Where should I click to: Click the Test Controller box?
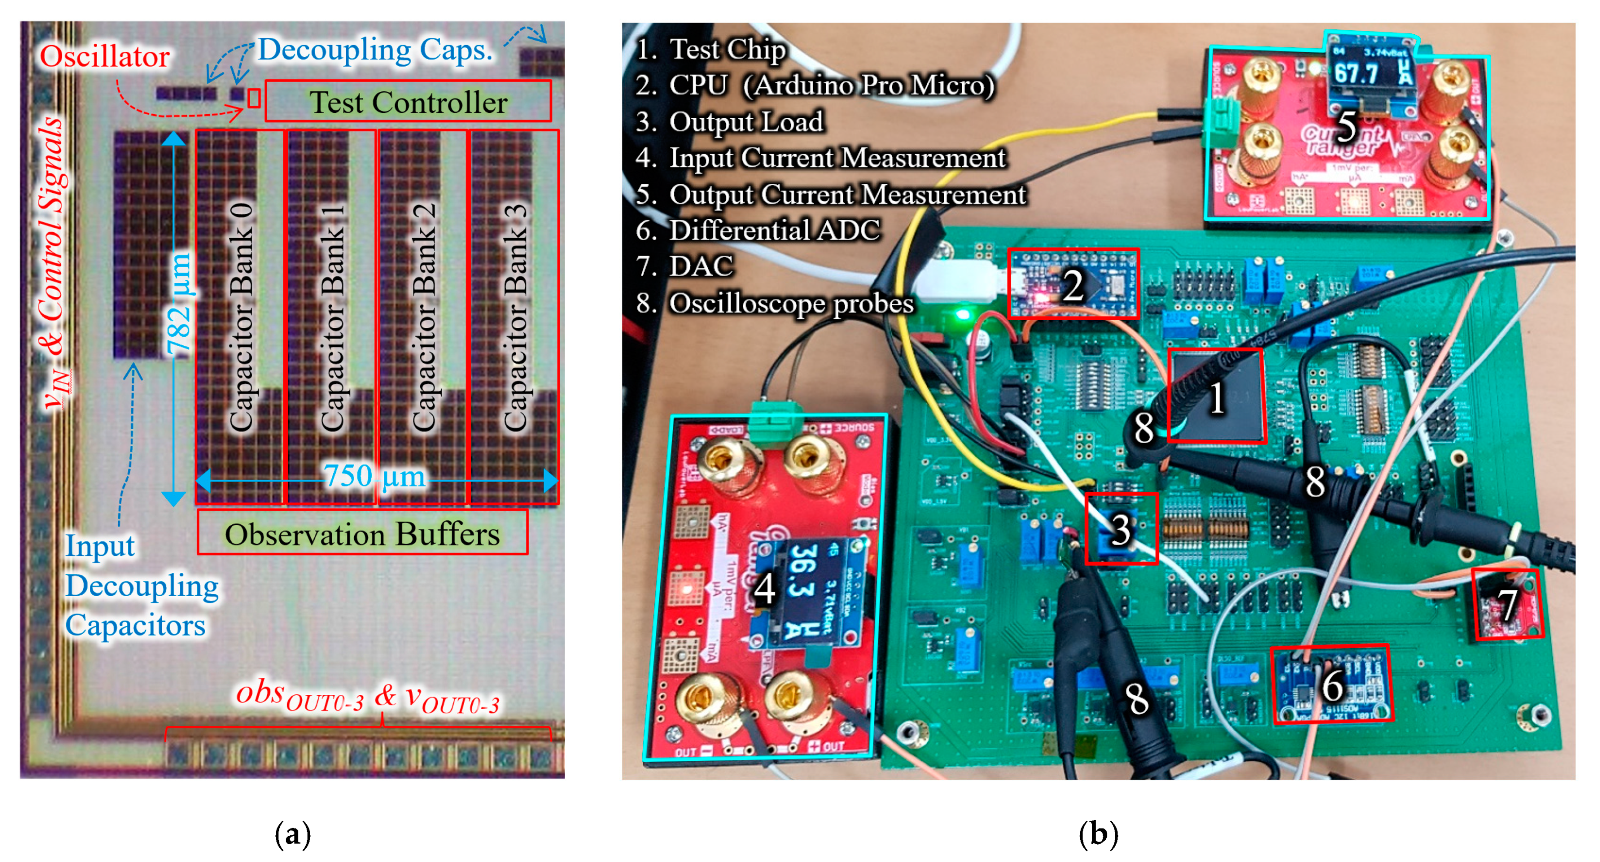[x=408, y=101]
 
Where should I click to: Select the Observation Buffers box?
[x=362, y=533]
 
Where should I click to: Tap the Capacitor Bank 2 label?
[x=424, y=317]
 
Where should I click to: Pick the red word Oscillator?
[x=104, y=56]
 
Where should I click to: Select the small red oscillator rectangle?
[x=254, y=98]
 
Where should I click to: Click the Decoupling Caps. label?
[x=375, y=49]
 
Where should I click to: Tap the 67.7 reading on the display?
[x=1357, y=74]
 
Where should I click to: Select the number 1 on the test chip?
[x=1216, y=397]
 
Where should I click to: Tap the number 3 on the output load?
[x=1120, y=530]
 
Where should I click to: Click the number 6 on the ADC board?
[x=1332, y=685]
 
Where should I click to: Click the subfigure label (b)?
[x=1098, y=834]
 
